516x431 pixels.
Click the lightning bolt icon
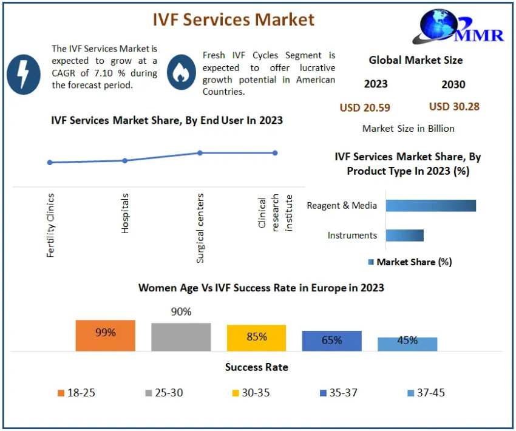click(23, 74)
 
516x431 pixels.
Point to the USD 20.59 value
click(364, 108)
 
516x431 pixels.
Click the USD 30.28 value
click(454, 107)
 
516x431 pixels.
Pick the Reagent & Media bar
click(431, 206)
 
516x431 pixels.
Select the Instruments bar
click(405, 236)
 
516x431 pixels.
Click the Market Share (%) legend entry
click(410, 262)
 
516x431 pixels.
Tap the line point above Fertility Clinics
click(50, 163)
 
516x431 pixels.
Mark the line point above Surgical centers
click(200, 153)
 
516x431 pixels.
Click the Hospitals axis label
click(125, 214)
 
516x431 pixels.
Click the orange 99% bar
click(106, 336)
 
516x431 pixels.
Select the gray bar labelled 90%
click(181, 337)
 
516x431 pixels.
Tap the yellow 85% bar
click(256, 338)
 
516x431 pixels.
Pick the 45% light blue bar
click(407, 344)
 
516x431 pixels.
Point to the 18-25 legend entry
click(76, 393)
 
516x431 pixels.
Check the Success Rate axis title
click(256, 367)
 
